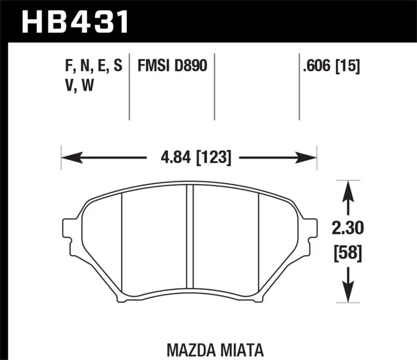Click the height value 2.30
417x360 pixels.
click(x=348, y=228)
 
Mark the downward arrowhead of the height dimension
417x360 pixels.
click(x=348, y=294)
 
